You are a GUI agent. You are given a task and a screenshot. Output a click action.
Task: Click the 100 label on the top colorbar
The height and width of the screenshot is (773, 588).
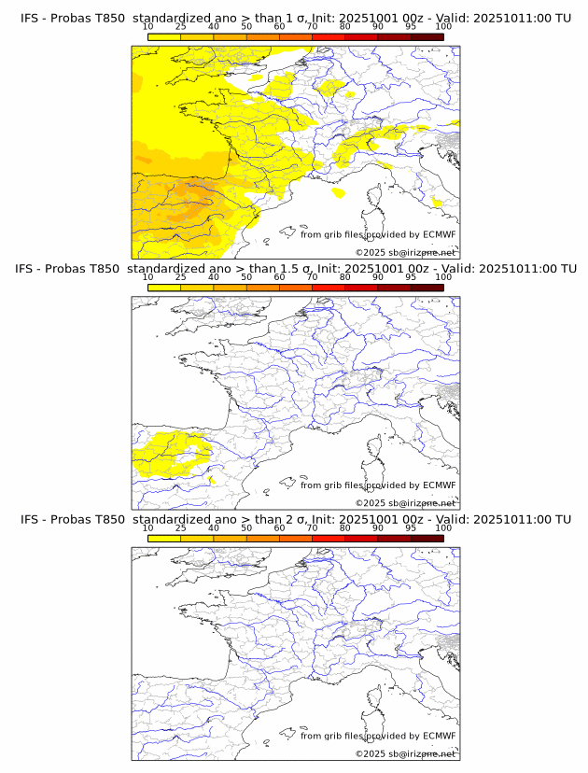(x=443, y=27)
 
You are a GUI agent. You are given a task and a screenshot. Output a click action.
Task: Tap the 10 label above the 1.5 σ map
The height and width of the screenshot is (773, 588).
(x=148, y=277)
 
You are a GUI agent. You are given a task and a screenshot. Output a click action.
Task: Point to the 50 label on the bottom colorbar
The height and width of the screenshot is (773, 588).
(x=246, y=528)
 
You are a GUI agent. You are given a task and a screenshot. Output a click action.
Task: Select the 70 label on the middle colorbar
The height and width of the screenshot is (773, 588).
(x=313, y=277)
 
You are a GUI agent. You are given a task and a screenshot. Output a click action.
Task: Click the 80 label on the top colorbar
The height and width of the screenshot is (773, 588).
(x=345, y=27)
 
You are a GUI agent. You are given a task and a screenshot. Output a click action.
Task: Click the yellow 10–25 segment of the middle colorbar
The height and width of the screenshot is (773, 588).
(x=164, y=288)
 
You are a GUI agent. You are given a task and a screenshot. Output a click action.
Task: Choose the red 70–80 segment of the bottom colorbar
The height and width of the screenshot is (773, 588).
(x=329, y=539)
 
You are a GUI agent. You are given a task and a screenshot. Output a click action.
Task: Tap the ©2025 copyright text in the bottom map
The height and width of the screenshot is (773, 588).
(x=370, y=753)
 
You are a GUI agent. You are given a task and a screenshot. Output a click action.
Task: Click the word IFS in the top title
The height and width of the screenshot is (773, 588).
(x=31, y=18)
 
